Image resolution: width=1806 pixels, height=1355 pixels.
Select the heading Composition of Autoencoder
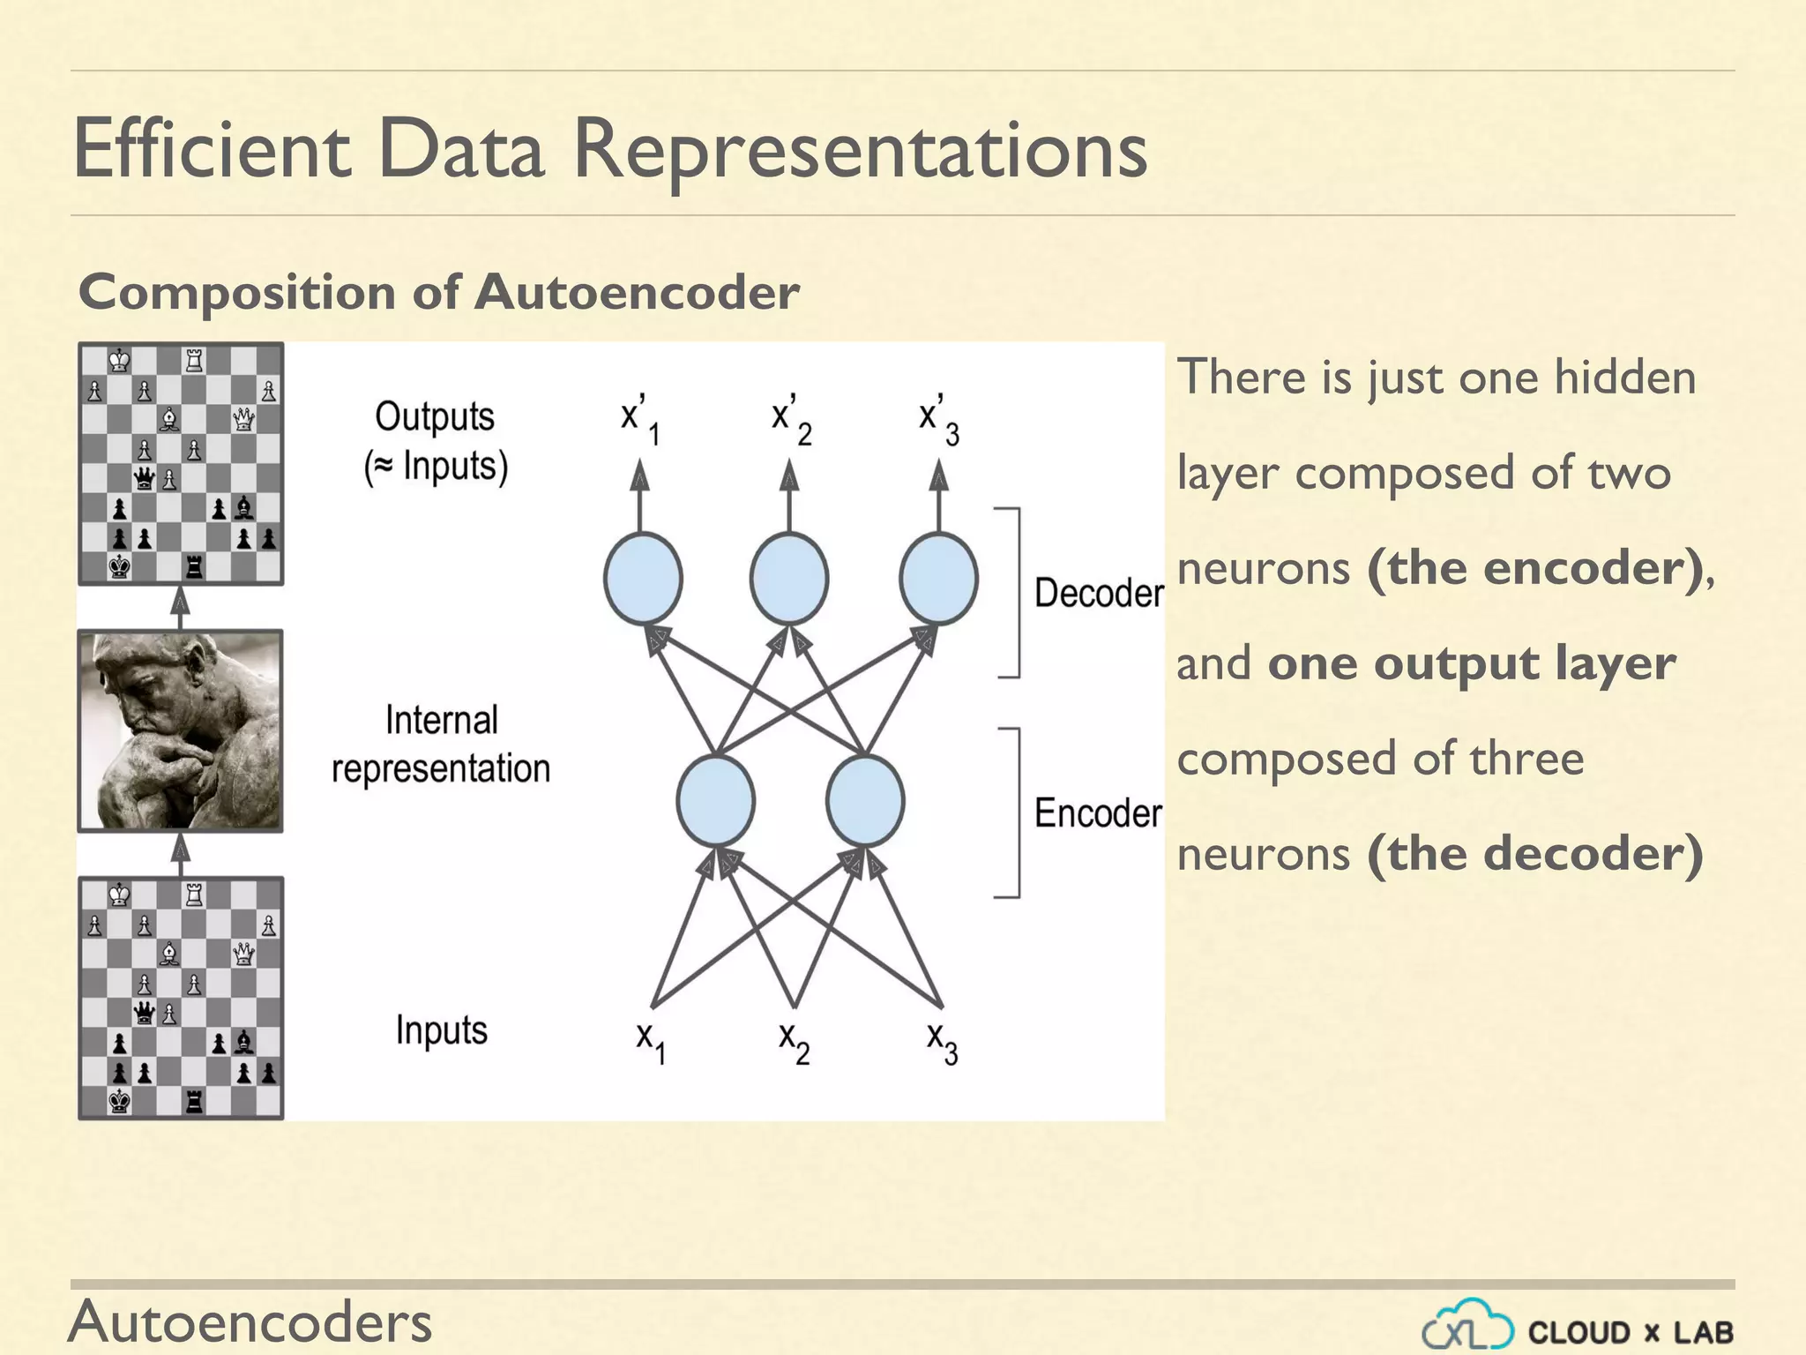438,292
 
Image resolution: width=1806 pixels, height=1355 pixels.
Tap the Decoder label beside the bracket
1098,593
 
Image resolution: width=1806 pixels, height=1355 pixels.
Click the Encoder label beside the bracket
1098,813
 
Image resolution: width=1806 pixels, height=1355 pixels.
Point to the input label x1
651,1042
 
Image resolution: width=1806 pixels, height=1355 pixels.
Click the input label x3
942,1042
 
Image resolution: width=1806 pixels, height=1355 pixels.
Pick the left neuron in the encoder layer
715,801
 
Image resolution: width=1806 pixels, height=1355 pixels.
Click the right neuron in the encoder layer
865,801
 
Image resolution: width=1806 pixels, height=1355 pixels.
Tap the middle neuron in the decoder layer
789,579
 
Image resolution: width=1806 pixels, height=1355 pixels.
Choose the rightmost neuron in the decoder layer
938,579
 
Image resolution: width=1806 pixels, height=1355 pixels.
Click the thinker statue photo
180,730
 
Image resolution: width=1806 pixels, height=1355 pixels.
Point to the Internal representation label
441,745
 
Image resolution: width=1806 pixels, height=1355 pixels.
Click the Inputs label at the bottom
441,1029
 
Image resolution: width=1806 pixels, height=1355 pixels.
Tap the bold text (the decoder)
1534,853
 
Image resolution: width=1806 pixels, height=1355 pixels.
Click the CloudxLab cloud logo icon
1468,1325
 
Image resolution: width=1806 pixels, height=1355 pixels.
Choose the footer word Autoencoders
250,1321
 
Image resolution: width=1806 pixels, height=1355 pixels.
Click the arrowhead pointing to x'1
640,476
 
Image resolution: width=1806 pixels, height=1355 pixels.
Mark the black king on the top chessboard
119,566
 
